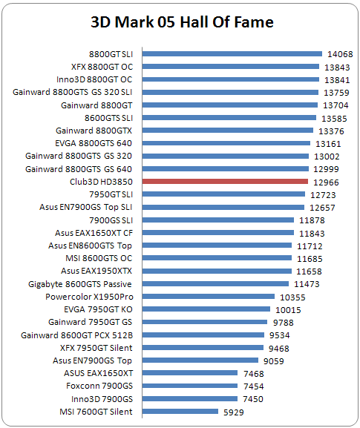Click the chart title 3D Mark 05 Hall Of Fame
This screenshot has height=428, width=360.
point(182,22)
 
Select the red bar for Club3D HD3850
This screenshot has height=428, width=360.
point(225,182)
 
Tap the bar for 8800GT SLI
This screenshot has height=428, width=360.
point(232,53)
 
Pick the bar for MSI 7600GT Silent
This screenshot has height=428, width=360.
point(180,412)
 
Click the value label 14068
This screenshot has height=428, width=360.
point(340,54)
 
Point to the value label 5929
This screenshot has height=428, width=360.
point(234,412)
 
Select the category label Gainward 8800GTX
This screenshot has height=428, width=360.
point(94,131)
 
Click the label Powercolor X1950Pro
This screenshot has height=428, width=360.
point(89,297)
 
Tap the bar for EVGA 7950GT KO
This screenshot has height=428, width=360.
point(206,309)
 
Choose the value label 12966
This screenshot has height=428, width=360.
point(326,182)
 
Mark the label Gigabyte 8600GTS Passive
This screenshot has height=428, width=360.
point(80,284)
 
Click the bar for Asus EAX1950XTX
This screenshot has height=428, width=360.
point(217,271)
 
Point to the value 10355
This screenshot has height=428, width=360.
point(292,297)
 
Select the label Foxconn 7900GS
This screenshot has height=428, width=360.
point(99,386)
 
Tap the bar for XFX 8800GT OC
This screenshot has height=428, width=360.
point(231,66)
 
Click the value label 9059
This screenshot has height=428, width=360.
point(273,361)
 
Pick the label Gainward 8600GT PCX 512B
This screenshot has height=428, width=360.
point(76,335)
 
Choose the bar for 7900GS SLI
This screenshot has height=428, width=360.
point(218,220)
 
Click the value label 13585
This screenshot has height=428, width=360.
point(334,119)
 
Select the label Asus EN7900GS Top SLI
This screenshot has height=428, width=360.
point(86,207)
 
